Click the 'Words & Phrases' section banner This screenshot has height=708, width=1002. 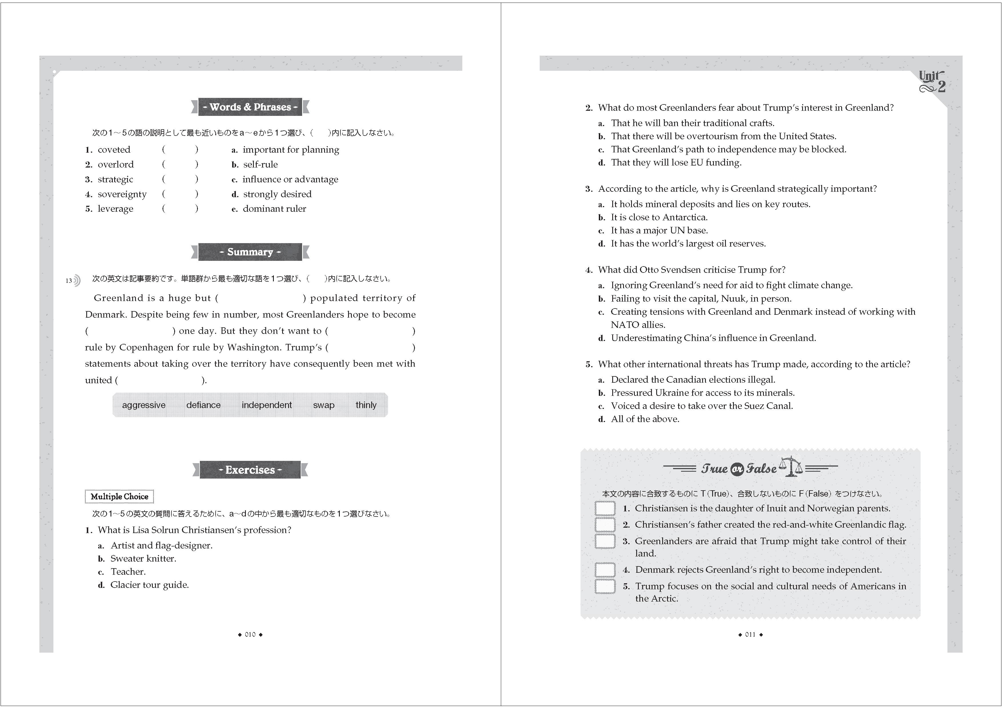[250, 107]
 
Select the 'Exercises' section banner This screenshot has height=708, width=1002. [250, 470]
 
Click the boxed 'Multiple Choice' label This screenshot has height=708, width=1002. [119, 497]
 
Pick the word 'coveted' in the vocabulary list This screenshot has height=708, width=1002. [114, 150]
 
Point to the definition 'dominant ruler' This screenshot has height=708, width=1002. [274, 209]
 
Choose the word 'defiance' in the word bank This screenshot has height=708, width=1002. [203, 405]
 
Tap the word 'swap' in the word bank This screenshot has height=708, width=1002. [323, 405]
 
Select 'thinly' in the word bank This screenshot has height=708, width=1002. [366, 405]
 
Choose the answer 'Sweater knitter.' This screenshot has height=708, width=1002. [143, 558]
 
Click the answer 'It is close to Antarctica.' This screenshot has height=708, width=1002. [659, 217]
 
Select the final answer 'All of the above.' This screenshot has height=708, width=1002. [645, 419]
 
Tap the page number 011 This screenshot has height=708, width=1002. [750, 635]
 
